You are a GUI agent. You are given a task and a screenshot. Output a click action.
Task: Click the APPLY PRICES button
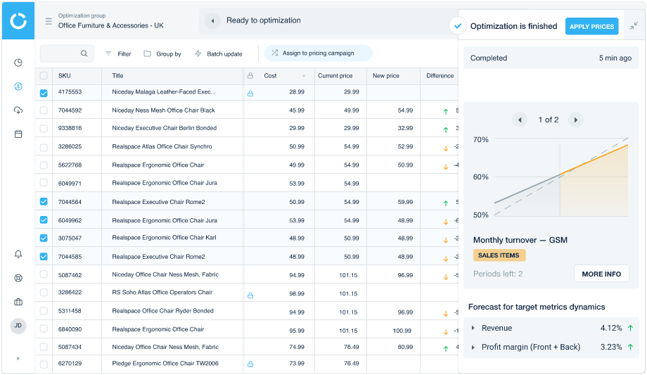point(591,27)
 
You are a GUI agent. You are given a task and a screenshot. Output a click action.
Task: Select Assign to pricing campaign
point(319,53)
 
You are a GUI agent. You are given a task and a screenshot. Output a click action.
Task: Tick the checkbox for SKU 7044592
point(44,110)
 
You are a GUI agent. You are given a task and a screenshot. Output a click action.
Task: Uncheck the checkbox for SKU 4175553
point(44,92)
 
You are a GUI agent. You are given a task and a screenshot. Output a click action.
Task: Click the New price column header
point(386,75)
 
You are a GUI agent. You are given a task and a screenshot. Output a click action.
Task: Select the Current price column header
point(335,75)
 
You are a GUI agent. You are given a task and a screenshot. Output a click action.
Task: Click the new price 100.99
point(402,329)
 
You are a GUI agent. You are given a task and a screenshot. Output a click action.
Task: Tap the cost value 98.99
point(296,293)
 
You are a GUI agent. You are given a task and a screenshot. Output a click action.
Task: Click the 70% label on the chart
point(481,140)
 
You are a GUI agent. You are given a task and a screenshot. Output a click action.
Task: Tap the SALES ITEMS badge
point(499,255)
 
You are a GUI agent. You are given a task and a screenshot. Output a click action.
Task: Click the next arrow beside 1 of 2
point(575,120)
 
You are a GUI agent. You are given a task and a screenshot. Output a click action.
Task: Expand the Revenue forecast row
point(473,328)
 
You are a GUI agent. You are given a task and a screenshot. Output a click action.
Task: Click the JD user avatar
point(18,326)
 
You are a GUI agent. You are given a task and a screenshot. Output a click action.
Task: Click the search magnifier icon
point(84,53)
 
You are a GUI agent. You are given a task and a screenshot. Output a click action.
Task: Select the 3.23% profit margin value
point(610,347)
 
